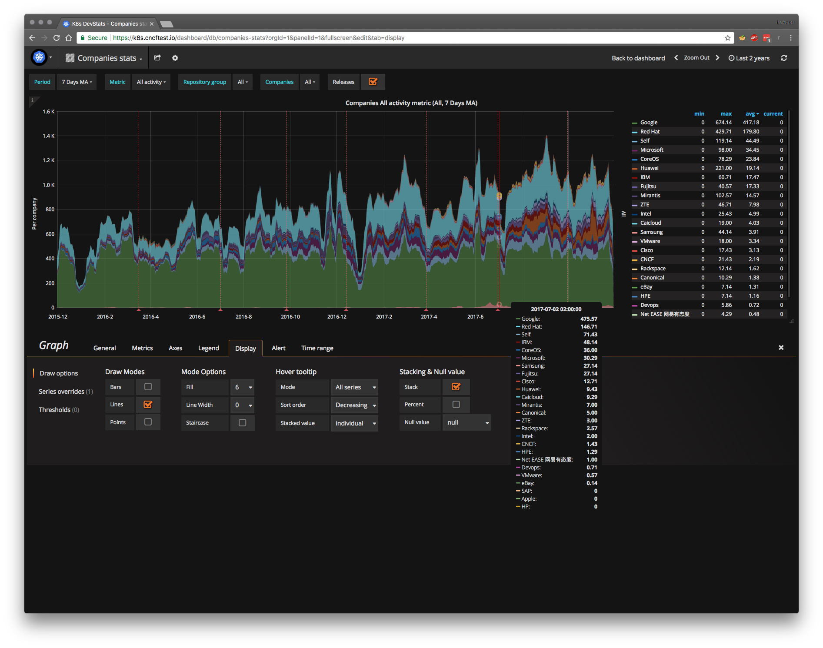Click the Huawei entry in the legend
pos(649,168)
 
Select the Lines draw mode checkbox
pos(148,405)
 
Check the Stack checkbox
pos(456,387)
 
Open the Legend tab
pos(208,348)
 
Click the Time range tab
pos(317,348)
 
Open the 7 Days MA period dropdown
pos(77,82)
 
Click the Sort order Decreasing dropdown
pos(355,405)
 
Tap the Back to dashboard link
pos(638,58)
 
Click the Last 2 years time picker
pos(749,58)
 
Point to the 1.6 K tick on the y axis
pos(49,112)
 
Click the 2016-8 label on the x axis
pos(243,317)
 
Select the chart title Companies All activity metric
pos(411,103)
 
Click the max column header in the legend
pos(726,114)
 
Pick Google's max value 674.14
pos(723,123)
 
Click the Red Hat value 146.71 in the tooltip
pos(588,327)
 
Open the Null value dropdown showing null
pos(466,422)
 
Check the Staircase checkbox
pos(242,423)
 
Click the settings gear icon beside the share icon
pos(175,58)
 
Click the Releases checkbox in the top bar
pos(373,82)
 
